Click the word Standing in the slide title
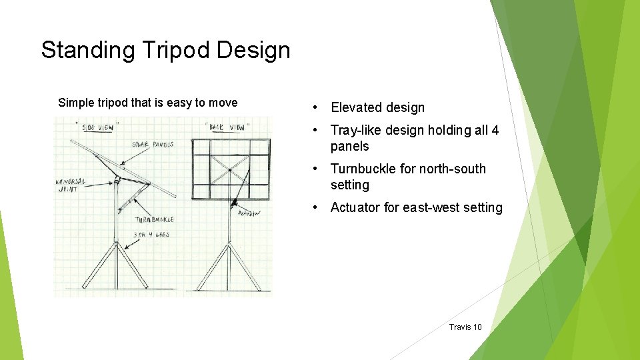pyautogui.click(x=73, y=51)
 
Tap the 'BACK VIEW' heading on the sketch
pyautogui.click(x=229, y=126)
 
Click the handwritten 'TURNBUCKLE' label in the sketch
pyautogui.click(x=155, y=219)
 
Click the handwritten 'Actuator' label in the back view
pyautogui.click(x=249, y=213)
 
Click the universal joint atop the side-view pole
pyautogui.click(x=117, y=179)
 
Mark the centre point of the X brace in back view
pyautogui.click(x=229, y=171)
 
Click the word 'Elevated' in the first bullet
pyautogui.click(x=356, y=107)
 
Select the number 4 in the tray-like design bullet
pyautogui.click(x=495, y=131)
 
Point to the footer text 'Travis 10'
pyautogui.click(x=465, y=327)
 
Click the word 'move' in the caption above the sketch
pyautogui.click(x=223, y=103)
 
